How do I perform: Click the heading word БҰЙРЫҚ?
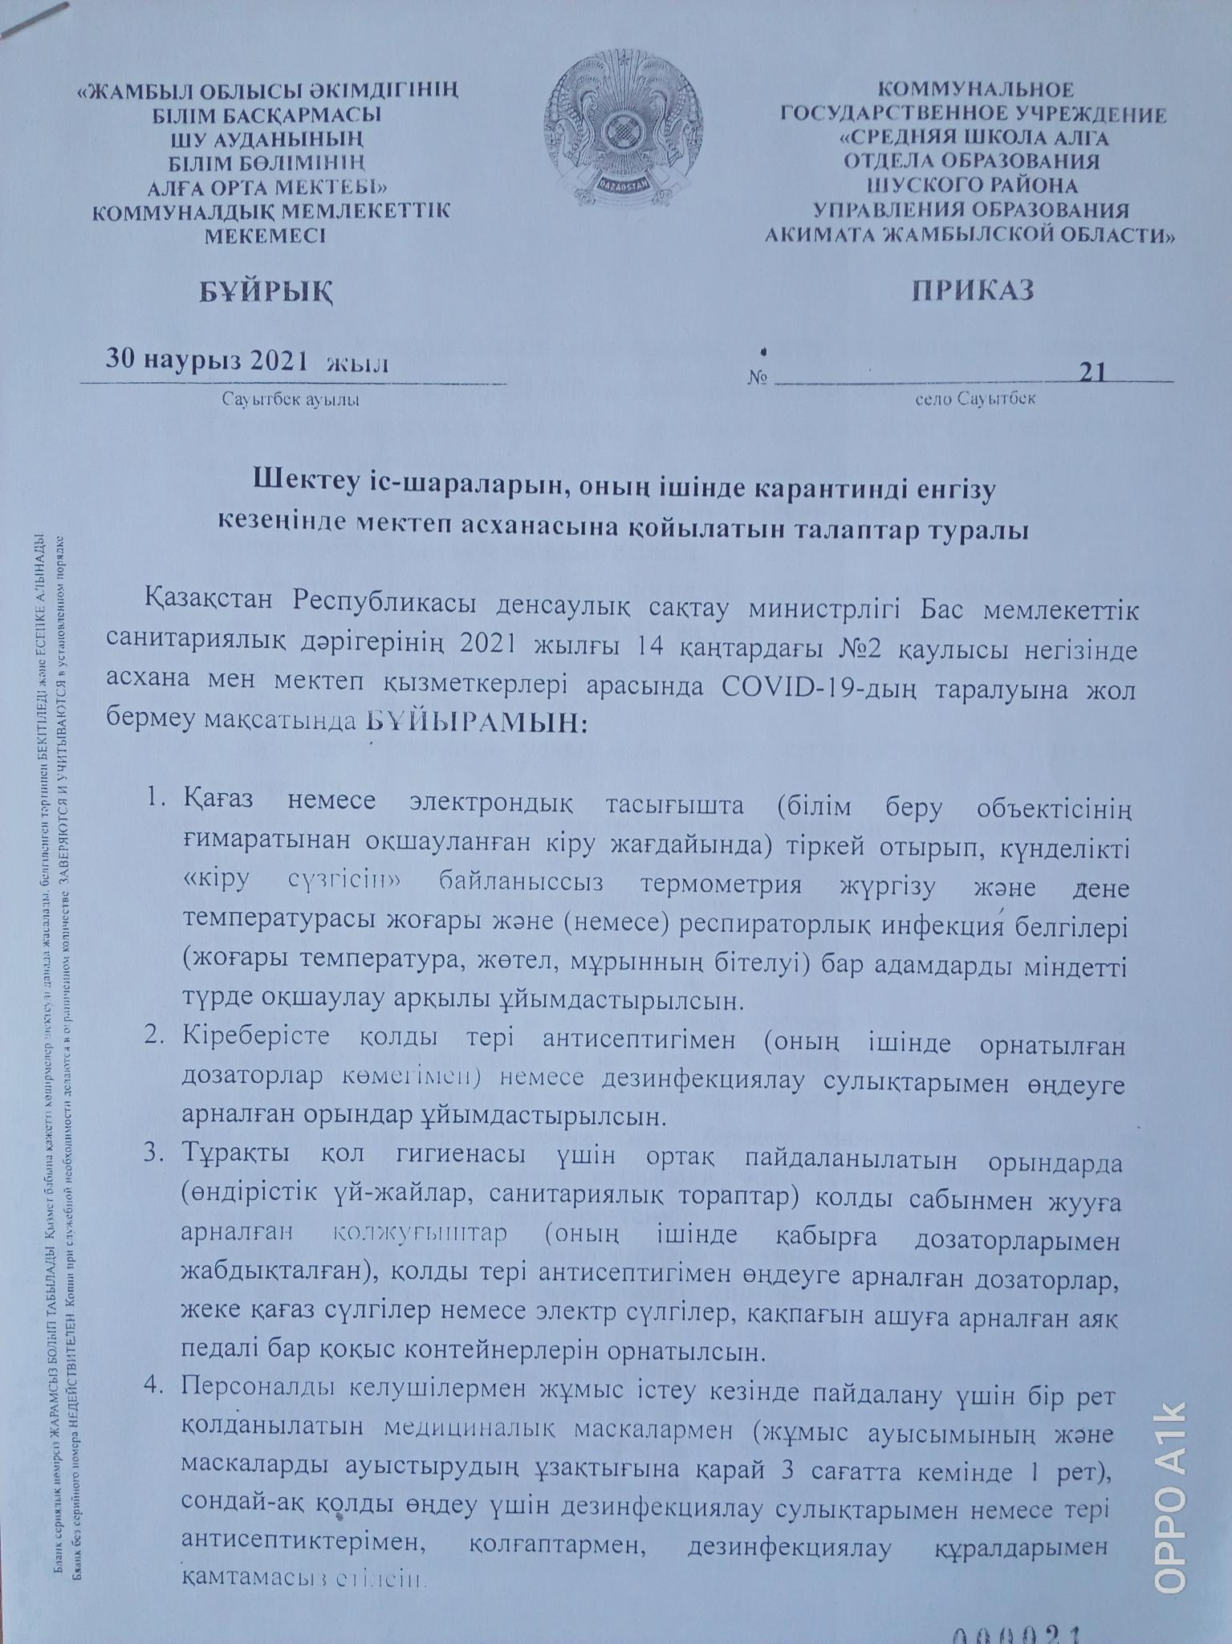(x=266, y=291)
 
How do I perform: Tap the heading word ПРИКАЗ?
(x=972, y=290)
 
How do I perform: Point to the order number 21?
(x=1093, y=372)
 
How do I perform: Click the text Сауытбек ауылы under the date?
(x=291, y=399)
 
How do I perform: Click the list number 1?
(x=155, y=800)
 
